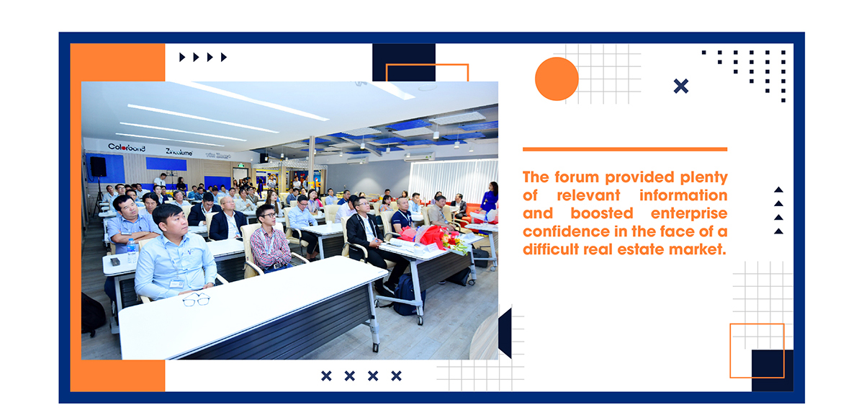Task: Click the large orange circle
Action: point(557,79)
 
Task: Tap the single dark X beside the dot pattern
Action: point(681,86)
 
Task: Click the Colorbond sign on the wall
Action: point(127,147)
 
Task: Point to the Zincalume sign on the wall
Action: point(179,151)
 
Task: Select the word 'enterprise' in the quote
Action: point(689,214)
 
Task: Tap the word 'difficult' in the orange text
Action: point(551,249)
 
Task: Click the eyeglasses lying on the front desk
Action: point(197,299)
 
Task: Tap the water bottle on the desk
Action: point(132,250)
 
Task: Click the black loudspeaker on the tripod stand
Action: point(98,166)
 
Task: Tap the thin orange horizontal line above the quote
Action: point(625,149)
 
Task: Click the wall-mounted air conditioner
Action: point(420,156)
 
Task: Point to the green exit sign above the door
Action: point(241,165)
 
